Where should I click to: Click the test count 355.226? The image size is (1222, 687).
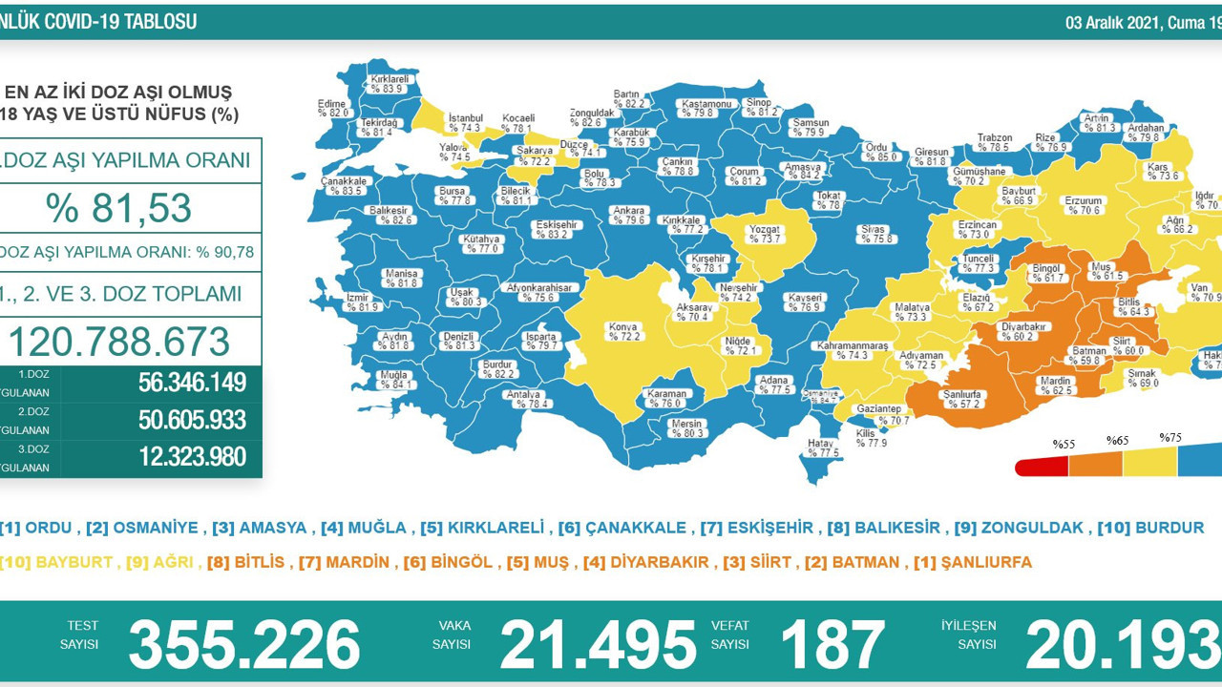tap(244, 644)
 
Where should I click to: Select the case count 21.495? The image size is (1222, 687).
tap(598, 644)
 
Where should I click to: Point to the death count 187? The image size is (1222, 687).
tap(832, 644)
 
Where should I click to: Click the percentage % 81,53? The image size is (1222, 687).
tap(118, 208)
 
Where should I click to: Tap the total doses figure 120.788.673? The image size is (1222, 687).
tap(119, 342)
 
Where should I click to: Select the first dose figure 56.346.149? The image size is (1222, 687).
tap(192, 383)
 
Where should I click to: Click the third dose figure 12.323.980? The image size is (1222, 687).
tap(192, 457)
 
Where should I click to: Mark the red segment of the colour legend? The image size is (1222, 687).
tap(1042, 467)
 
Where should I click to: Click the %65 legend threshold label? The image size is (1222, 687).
tap(1118, 441)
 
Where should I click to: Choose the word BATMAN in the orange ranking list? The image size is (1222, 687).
tap(865, 563)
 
